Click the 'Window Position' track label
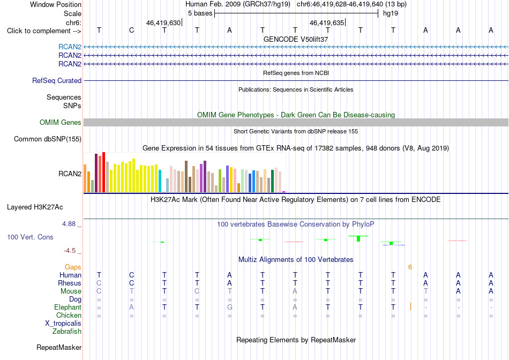56,4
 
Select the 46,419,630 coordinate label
163,22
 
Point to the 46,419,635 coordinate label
327,22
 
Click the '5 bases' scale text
200,13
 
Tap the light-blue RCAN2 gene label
70,47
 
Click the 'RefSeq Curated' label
57,80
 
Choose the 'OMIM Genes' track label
61,122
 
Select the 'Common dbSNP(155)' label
48,139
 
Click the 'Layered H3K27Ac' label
35,207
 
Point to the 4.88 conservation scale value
69,224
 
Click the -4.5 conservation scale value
70,251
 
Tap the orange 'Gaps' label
73,267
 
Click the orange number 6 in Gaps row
410,267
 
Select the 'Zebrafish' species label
67,332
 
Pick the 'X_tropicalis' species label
63,324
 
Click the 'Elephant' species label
68,307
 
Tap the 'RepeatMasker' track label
59,347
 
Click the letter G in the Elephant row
229,307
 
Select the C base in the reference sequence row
131,30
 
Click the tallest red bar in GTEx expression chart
103,172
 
